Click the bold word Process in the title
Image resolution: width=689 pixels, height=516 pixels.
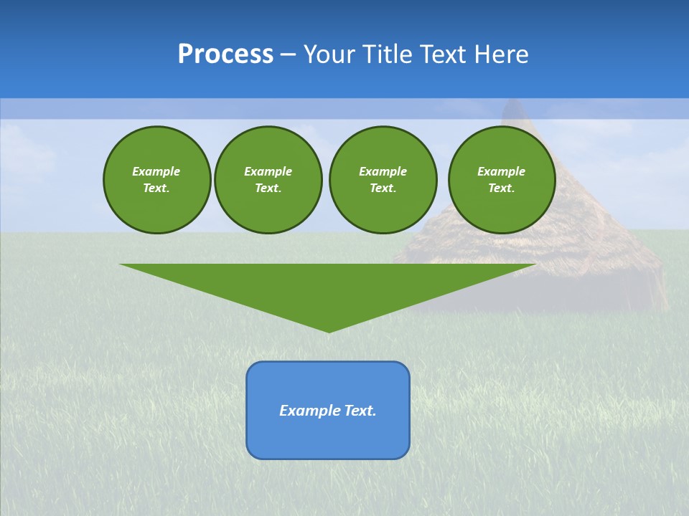[x=225, y=54]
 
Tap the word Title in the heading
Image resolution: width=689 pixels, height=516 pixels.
[x=388, y=54]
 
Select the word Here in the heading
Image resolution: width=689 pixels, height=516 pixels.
[x=500, y=54]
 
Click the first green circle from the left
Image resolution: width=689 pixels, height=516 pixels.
[x=156, y=180]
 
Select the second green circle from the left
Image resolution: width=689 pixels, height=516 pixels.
[x=268, y=180]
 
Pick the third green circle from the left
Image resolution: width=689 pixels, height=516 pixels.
[x=383, y=180]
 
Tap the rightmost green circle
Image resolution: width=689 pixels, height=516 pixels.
[x=502, y=180]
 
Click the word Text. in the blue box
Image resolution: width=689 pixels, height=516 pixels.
[x=360, y=411]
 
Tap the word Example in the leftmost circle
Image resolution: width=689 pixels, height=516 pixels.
[x=156, y=171]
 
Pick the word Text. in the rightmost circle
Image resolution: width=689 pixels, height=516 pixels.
[x=502, y=188]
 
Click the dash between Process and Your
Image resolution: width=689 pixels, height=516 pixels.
[x=289, y=54]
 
